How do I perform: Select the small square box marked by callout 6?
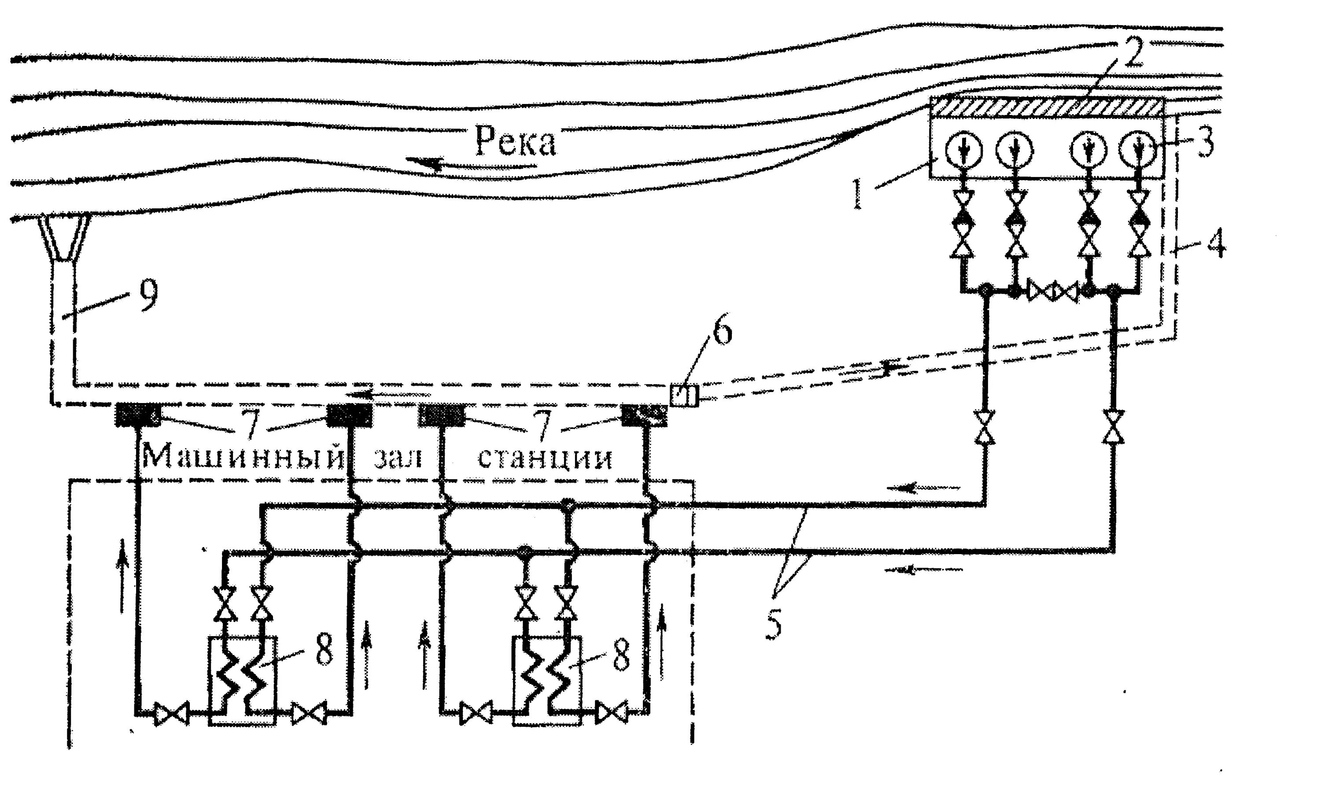(683, 396)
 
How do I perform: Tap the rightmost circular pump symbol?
(1137, 149)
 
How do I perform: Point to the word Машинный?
(244, 457)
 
